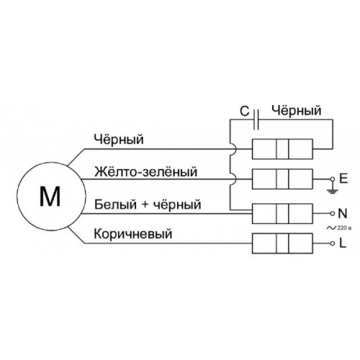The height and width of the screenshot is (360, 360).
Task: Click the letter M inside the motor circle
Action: click(50, 196)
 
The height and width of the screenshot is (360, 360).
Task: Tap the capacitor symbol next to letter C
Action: click(256, 120)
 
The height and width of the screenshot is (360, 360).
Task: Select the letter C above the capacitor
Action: click(245, 112)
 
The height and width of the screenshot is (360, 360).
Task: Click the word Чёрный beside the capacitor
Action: click(296, 111)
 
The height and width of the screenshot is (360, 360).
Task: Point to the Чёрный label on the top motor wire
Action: click(119, 139)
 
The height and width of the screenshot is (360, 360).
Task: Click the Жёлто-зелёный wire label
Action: click(145, 172)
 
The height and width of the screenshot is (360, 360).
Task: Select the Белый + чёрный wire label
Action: click(148, 204)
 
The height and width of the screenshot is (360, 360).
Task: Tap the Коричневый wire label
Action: click(133, 233)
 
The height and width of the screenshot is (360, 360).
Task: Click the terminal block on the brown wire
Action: click(282, 243)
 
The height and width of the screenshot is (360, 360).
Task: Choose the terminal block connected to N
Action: click(282, 214)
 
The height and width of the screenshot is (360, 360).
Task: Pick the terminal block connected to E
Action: click(282, 179)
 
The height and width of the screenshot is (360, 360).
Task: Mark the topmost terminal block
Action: click(282, 149)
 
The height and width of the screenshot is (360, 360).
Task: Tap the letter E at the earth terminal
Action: click(343, 179)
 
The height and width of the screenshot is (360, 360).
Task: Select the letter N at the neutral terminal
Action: click(343, 213)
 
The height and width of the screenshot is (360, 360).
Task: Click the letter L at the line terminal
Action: click(343, 243)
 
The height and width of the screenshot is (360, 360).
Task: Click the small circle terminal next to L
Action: click(333, 243)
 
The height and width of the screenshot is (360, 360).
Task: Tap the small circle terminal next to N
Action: click(333, 213)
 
